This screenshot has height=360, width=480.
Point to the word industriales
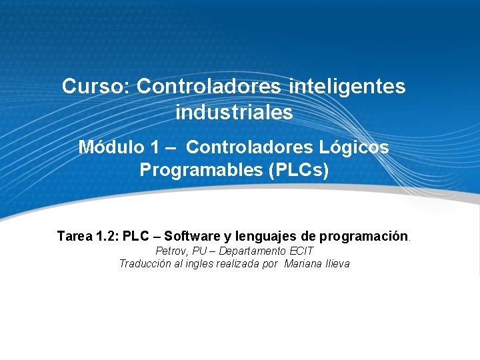tap(234, 113)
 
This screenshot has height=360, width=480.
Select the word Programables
tap(201, 170)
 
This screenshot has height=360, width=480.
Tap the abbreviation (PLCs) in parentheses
tap(298, 170)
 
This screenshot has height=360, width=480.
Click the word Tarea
tap(75, 236)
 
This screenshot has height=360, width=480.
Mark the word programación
tap(363, 236)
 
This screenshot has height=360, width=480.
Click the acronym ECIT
tap(301, 251)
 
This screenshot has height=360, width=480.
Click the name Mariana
tap(303, 263)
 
